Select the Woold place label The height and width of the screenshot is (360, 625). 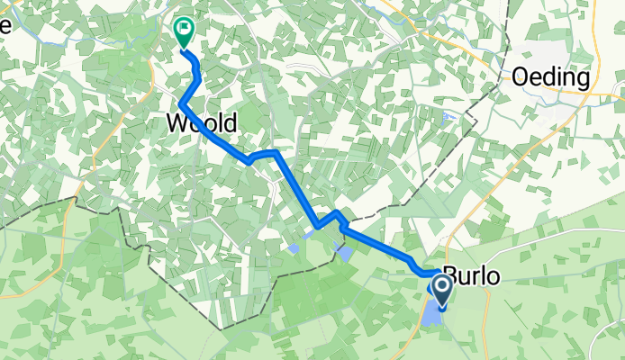click(x=202, y=124)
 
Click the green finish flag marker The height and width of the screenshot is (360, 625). click(x=184, y=34)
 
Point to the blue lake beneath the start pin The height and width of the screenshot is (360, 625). click(x=432, y=315)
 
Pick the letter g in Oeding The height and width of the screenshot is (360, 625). click(x=582, y=79)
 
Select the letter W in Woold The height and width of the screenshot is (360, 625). click(x=177, y=124)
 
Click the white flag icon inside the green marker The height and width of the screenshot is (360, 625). click(x=184, y=29)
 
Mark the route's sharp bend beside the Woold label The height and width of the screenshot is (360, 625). click(x=182, y=106)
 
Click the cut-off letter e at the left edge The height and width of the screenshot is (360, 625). click(x=5, y=25)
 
